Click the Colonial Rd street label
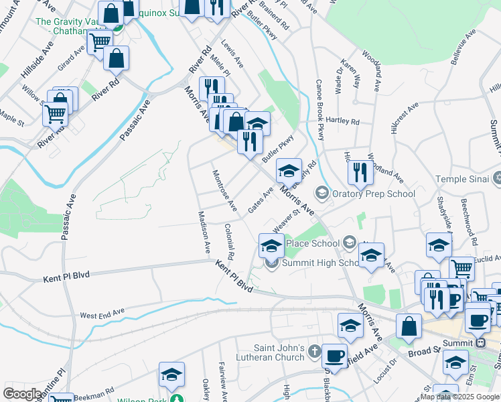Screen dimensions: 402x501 click(229, 241)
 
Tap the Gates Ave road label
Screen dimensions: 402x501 click(261, 200)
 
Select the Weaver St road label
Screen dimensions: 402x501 click(285, 222)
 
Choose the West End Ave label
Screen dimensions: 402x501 click(102, 313)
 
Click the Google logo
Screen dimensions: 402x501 click(22, 394)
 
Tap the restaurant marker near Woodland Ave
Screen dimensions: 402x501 click(361, 172)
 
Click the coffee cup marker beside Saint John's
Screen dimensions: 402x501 click(334, 355)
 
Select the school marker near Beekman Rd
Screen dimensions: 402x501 click(171, 375)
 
